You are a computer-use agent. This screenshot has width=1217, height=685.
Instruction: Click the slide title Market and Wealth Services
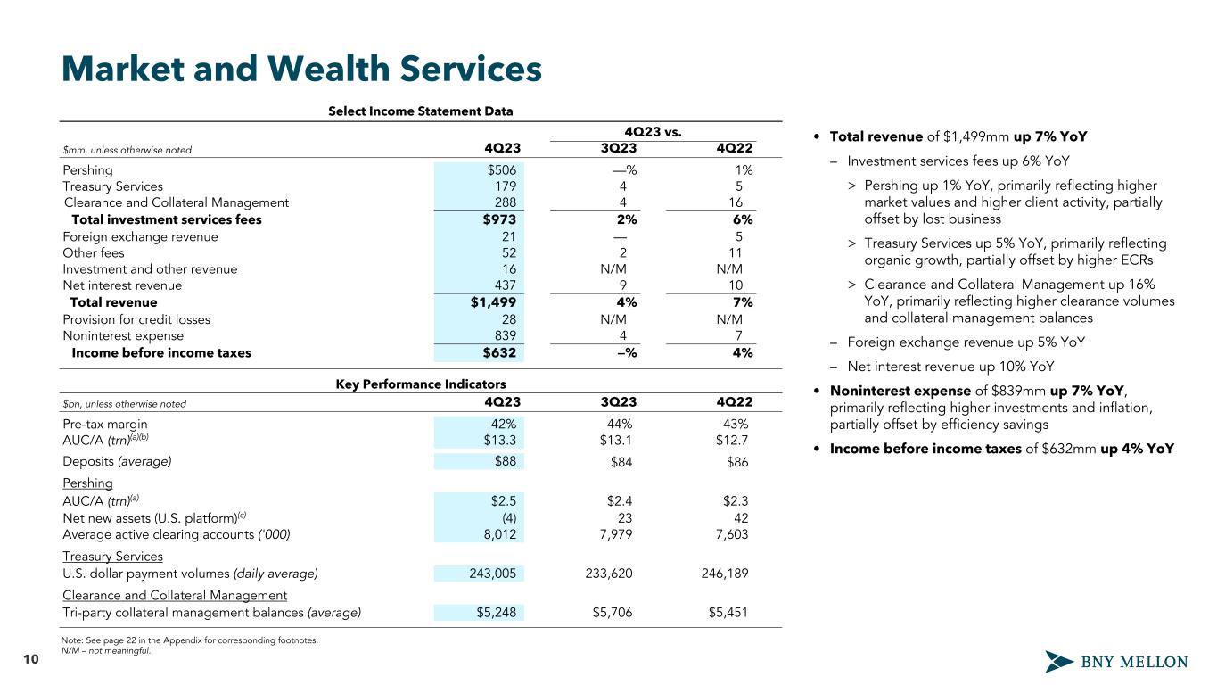(301, 70)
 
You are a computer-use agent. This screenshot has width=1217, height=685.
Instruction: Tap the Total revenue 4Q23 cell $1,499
(493, 302)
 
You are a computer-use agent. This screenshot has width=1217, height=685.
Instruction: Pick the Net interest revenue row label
(122, 285)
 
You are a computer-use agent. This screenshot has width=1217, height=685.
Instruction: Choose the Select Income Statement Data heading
(421, 111)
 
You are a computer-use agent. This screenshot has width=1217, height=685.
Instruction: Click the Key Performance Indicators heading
(421, 384)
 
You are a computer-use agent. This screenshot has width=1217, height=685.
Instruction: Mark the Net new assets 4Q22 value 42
(739, 518)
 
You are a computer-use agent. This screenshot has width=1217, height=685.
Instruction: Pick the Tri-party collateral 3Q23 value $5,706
(613, 612)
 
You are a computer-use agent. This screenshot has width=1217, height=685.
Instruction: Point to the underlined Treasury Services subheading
(113, 557)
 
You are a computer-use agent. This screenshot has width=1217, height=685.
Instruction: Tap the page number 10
(31, 659)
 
